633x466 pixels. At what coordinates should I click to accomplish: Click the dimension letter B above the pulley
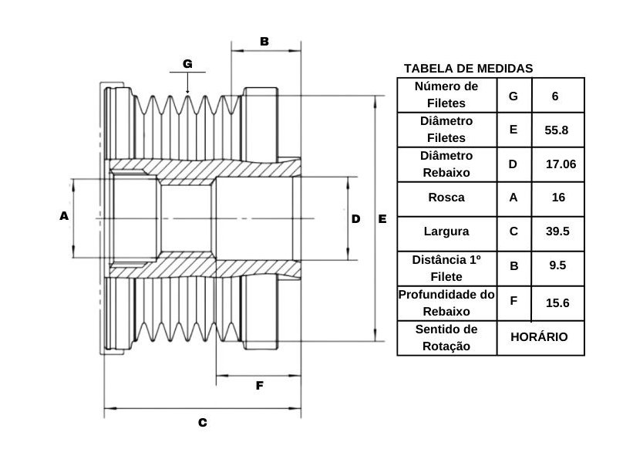coord(264,41)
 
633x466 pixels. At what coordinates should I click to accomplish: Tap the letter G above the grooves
coord(187,64)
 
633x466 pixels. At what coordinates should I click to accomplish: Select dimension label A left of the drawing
coord(64,216)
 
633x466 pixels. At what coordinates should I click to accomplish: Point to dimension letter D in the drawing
coord(355,219)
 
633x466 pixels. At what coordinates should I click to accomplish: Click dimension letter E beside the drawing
coord(382,219)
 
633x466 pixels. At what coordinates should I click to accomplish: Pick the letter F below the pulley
coord(260,386)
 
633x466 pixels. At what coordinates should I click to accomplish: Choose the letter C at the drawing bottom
coord(203,423)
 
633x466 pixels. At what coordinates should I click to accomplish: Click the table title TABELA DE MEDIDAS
coord(468,68)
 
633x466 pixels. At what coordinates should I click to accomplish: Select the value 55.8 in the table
coord(557,130)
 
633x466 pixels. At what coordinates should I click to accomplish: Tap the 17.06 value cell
coord(561,164)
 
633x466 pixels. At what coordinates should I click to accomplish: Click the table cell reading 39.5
coord(557,231)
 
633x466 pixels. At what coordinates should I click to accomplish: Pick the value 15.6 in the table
coord(557,303)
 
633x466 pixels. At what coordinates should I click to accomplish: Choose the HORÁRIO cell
coord(539,337)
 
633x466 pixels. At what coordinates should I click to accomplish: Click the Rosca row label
coord(446,198)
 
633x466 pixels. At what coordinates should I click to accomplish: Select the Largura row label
coord(446,231)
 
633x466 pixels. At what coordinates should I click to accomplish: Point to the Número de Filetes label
coord(446,94)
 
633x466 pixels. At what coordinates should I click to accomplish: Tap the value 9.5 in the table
coord(557,265)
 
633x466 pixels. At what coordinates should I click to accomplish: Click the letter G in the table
coord(513,96)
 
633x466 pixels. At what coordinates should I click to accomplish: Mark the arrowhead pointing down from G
coord(187,92)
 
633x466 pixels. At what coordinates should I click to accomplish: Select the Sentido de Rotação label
coord(446,338)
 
